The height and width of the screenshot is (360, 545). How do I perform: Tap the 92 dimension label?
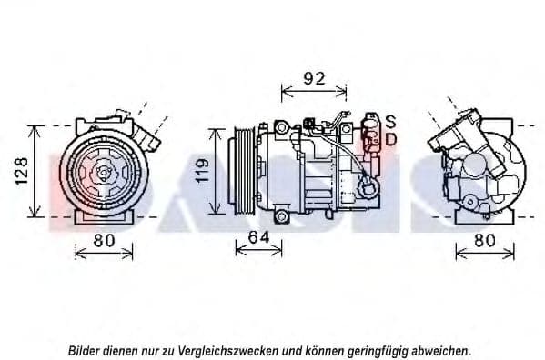click(313, 78)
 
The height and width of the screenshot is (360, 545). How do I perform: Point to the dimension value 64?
click(259, 237)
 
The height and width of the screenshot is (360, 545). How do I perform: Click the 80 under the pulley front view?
click(104, 241)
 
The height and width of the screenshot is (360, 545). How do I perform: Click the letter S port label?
click(390, 121)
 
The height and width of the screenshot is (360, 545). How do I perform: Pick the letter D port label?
click(390, 139)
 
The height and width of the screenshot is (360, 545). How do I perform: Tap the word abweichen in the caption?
click(443, 350)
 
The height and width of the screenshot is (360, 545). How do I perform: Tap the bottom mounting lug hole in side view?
click(283, 217)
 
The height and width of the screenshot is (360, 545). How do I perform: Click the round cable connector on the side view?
click(368, 187)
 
